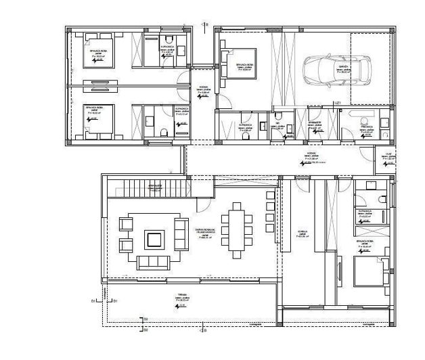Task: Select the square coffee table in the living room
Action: (154, 239)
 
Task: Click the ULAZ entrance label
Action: (387, 155)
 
